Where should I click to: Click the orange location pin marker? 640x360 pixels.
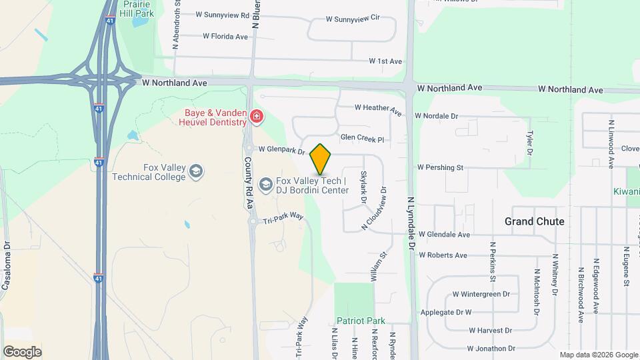tap(321, 159)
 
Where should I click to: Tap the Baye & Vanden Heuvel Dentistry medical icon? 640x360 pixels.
tap(257, 119)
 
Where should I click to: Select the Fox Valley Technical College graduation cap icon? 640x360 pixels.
tap(195, 171)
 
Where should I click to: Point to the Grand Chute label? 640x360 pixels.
tap(534, 221)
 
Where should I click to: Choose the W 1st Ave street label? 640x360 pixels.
tap(386, 61)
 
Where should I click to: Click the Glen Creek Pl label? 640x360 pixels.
tap(363, 139)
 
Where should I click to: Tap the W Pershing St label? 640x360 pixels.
tap(440, 167)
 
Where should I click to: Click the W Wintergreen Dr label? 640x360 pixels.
tap(481, 293)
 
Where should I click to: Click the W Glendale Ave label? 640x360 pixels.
tap(445, 235)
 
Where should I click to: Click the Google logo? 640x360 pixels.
tap(22, 351)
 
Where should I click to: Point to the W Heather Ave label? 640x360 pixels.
tap(379, 109)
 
